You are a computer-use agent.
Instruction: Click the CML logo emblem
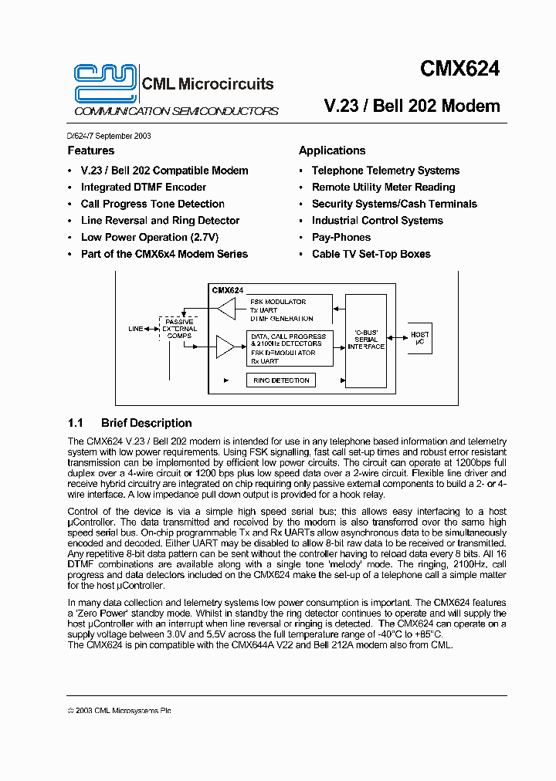pos(106,83)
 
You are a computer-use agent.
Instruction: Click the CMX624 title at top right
pos(459,69)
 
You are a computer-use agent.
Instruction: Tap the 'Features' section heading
pos(90,150)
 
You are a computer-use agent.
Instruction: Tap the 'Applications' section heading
pos(332,150)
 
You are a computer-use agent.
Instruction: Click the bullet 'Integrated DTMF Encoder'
pos(143,188)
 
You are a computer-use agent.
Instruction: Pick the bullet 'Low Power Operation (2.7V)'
pos(149,238)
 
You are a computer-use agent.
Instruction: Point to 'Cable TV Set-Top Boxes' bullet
pos(371,254)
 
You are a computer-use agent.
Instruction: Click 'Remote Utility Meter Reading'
pos(383,188)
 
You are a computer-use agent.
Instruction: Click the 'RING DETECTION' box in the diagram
pos(281,380)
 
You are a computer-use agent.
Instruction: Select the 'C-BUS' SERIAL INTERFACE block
pos(366,340)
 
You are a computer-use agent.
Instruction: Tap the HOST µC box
pos(419,338)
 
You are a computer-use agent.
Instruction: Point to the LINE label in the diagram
pos(136,329)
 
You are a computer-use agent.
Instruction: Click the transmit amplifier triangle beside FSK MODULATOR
pos(225,309)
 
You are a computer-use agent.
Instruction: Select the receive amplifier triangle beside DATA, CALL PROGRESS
pos(225,347)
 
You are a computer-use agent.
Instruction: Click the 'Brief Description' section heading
pos(146,423)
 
